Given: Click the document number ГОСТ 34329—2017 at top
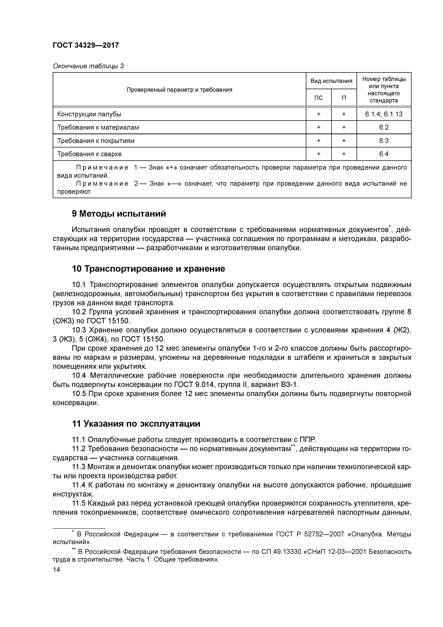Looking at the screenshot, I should click(86, 45).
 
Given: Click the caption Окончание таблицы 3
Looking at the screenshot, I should click(88, 66).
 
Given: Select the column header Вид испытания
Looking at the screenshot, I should click(331, 81).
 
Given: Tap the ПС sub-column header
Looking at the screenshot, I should click(318, 98).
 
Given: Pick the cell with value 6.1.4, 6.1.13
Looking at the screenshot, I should click(384, 114).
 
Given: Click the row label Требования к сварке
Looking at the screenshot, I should click(89, 154).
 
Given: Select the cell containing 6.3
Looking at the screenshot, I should click(384, 141).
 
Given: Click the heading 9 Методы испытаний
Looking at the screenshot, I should click(119, 214).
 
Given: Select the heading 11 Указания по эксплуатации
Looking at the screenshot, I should click(136, 424).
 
